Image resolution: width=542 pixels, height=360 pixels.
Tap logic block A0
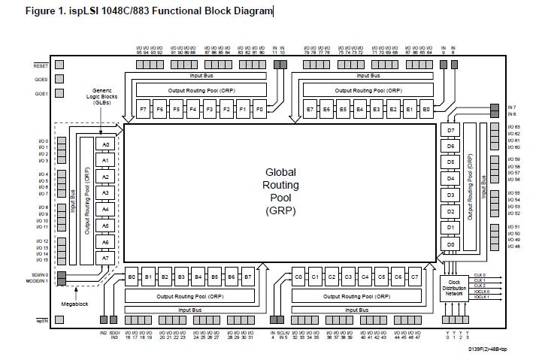coord(106,144)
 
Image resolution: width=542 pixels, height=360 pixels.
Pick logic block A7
coord(106,258)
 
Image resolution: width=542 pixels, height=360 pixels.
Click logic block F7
coord(144,109)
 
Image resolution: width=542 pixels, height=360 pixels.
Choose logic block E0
coord(426,109)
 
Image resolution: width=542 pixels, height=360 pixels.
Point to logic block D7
coord(451,129)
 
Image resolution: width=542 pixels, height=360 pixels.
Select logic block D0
coord(451,244)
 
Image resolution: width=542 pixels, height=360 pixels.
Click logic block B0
coord(132,277)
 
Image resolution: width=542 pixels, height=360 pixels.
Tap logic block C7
coord(414,277)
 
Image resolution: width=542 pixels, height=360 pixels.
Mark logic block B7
coord(247,277)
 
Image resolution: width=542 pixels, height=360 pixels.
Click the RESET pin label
coord(41,65)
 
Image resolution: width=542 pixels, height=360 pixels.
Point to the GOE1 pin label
coord(41,94)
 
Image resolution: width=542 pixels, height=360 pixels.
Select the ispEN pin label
coord(42,320)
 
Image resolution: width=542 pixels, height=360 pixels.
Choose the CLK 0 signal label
coord(480,275)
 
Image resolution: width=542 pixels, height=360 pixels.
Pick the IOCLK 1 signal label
coord(482,297)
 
